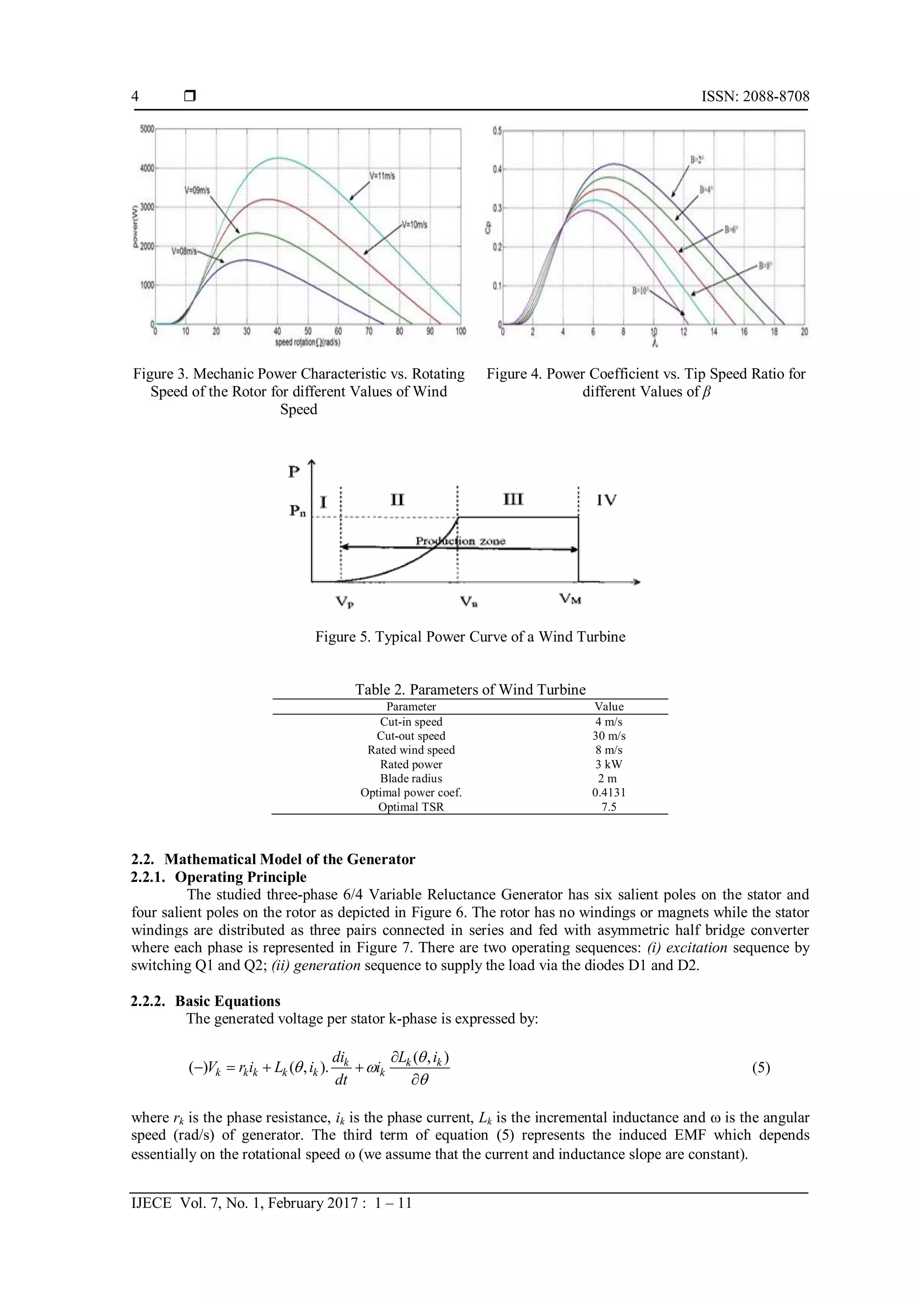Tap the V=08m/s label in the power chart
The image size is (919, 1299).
point(184,251)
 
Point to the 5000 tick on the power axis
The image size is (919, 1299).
point(147,129)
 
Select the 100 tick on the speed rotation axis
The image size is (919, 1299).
point(461,331)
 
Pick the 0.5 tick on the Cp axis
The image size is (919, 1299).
point(497,131)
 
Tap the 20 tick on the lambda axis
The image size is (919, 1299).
point(804,332)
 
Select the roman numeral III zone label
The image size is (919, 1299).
point(513,499)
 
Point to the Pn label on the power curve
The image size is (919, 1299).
point(298,511)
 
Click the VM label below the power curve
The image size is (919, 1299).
point(570,598)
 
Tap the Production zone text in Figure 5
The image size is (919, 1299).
point(461,541)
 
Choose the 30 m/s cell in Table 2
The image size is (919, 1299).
point(609,736)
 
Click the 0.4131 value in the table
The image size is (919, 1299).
point(609,792)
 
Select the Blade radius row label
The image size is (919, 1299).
point(411,778)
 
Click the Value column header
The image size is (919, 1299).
point(609,706)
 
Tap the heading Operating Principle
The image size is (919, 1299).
point(241,877)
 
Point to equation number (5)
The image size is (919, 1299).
point(761,1068)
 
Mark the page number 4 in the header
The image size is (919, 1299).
point(135,96)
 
